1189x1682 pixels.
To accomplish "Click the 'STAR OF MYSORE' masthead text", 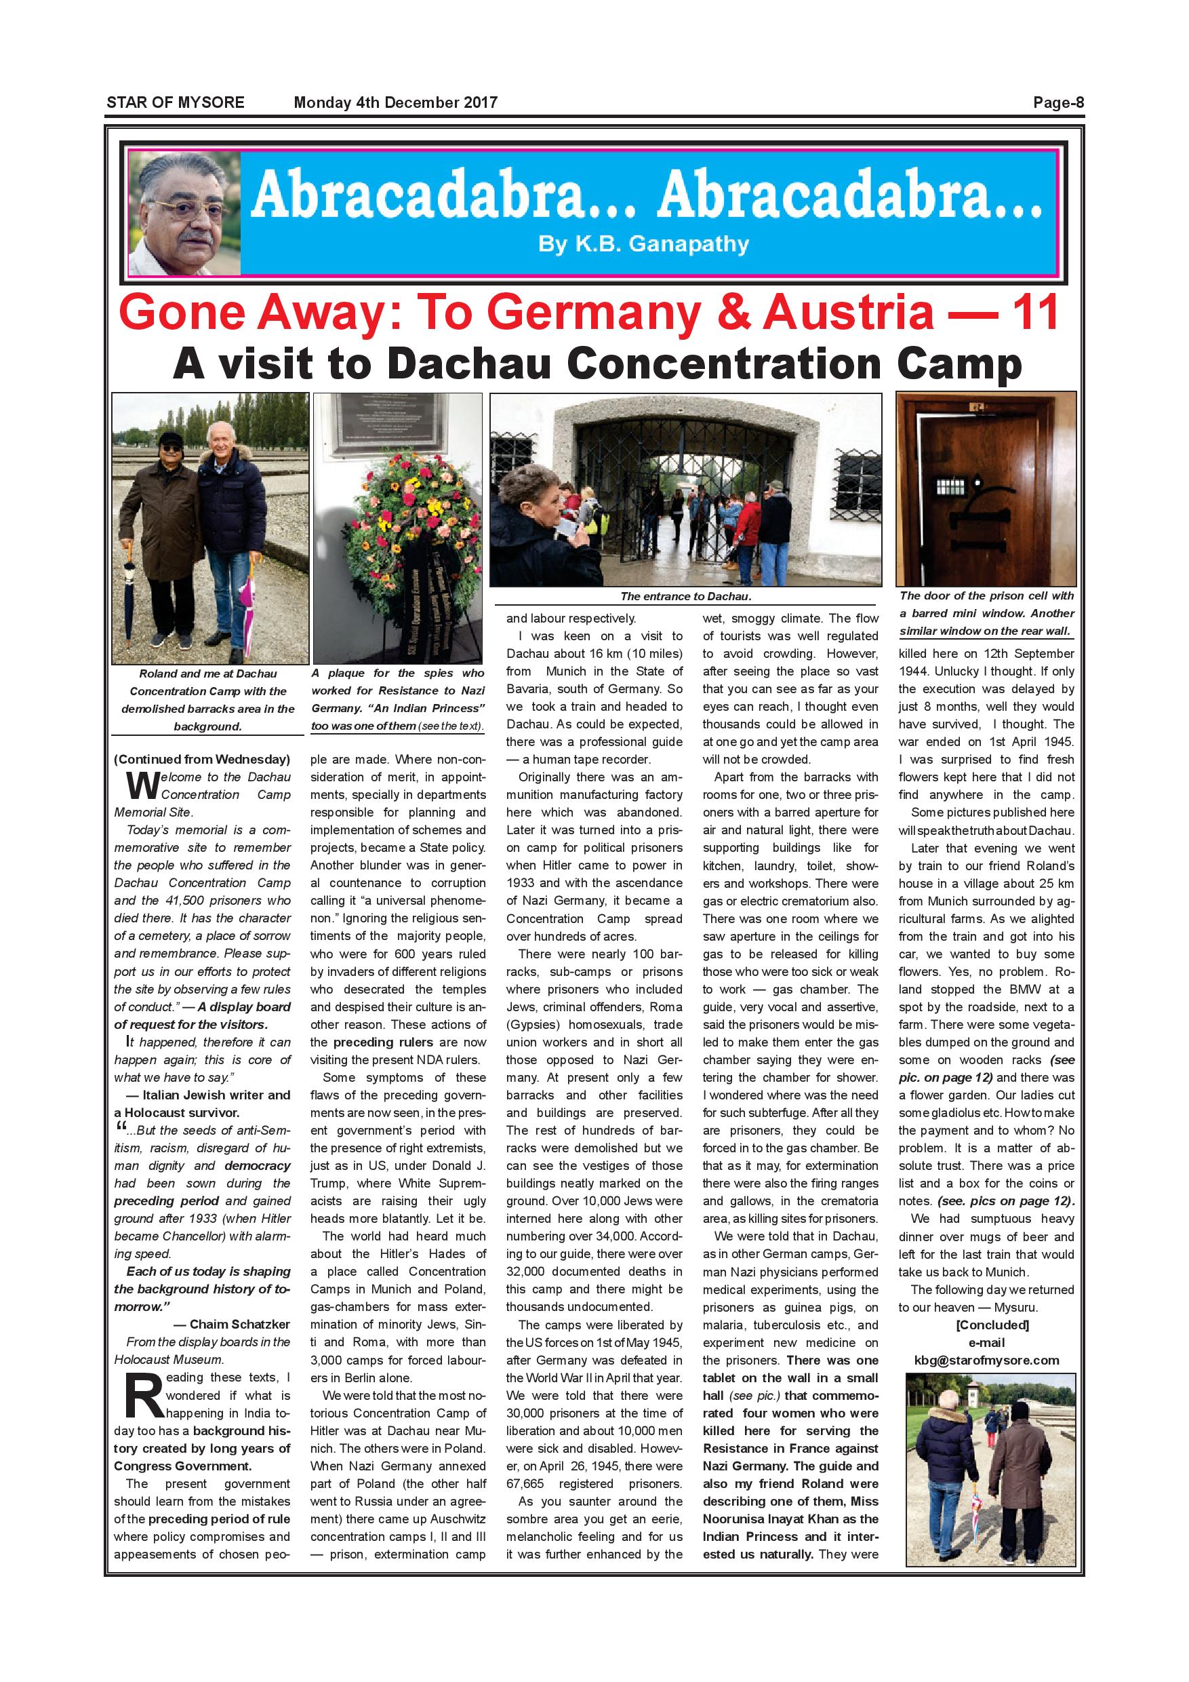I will coord(175,102).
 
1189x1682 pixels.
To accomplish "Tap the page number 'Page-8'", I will coord(1058,102).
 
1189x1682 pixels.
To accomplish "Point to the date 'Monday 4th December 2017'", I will coord(395,102).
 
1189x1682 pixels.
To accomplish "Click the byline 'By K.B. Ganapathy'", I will coord(643,244).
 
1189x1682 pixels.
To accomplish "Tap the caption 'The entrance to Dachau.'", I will coord(686,597).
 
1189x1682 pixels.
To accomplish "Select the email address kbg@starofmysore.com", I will coord(986,1361).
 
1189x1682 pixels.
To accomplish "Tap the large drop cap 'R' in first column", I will coord(138,1398).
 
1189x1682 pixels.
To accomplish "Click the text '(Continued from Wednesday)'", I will coord(202,759).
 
